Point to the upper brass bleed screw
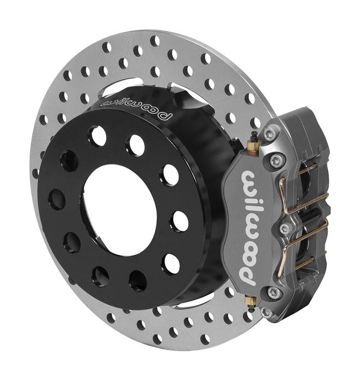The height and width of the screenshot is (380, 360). pyautogui.click(x=252, y=144)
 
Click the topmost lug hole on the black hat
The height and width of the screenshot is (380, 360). pyautogui.click(x=98, y=136)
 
